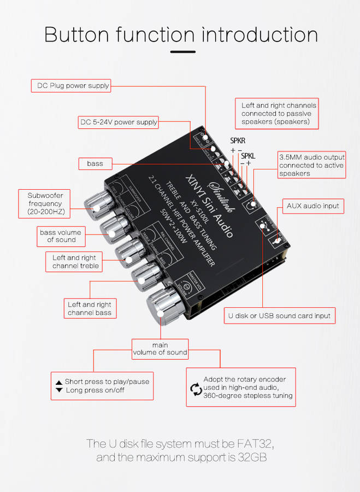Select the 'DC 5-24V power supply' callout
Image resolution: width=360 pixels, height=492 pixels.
[118, 122]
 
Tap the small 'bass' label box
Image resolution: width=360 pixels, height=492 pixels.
[95, 163]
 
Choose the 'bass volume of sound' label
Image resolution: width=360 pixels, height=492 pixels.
[60, 236]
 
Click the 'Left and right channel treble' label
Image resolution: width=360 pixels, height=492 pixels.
[74, 262]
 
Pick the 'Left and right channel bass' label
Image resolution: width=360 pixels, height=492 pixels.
[90, 308]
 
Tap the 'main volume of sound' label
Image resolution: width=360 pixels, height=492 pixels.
[160, 349]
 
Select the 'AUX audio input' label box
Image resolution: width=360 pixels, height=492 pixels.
[313, 206]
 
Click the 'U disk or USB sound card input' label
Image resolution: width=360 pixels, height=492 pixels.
[278, 315]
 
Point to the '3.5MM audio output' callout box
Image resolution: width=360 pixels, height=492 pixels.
[311, 165]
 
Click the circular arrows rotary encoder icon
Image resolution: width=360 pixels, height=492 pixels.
[196, 389]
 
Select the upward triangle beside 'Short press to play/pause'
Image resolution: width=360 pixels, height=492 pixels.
[58, 382]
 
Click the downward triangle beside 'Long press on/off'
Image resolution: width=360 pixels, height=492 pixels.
[58, 390]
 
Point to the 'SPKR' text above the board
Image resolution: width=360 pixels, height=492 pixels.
[237, 140]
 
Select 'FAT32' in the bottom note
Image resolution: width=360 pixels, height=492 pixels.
[257, 443]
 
